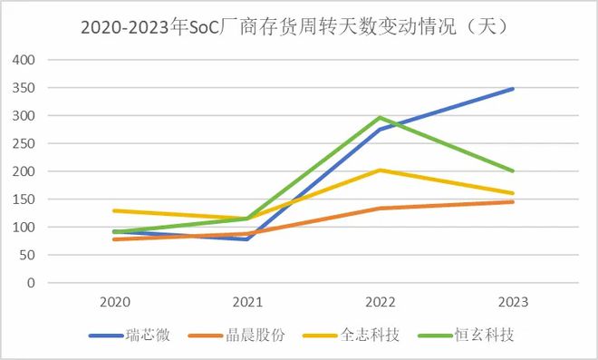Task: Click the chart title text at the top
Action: [299, 26]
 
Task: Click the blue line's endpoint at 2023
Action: [513, 89]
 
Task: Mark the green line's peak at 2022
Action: [380, 118]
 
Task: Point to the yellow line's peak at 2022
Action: [380, 170]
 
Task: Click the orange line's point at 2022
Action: [380, 209]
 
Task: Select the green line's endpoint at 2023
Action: [513, 170]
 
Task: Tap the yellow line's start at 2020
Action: [114, 210]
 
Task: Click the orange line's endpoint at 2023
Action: [513, 201]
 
